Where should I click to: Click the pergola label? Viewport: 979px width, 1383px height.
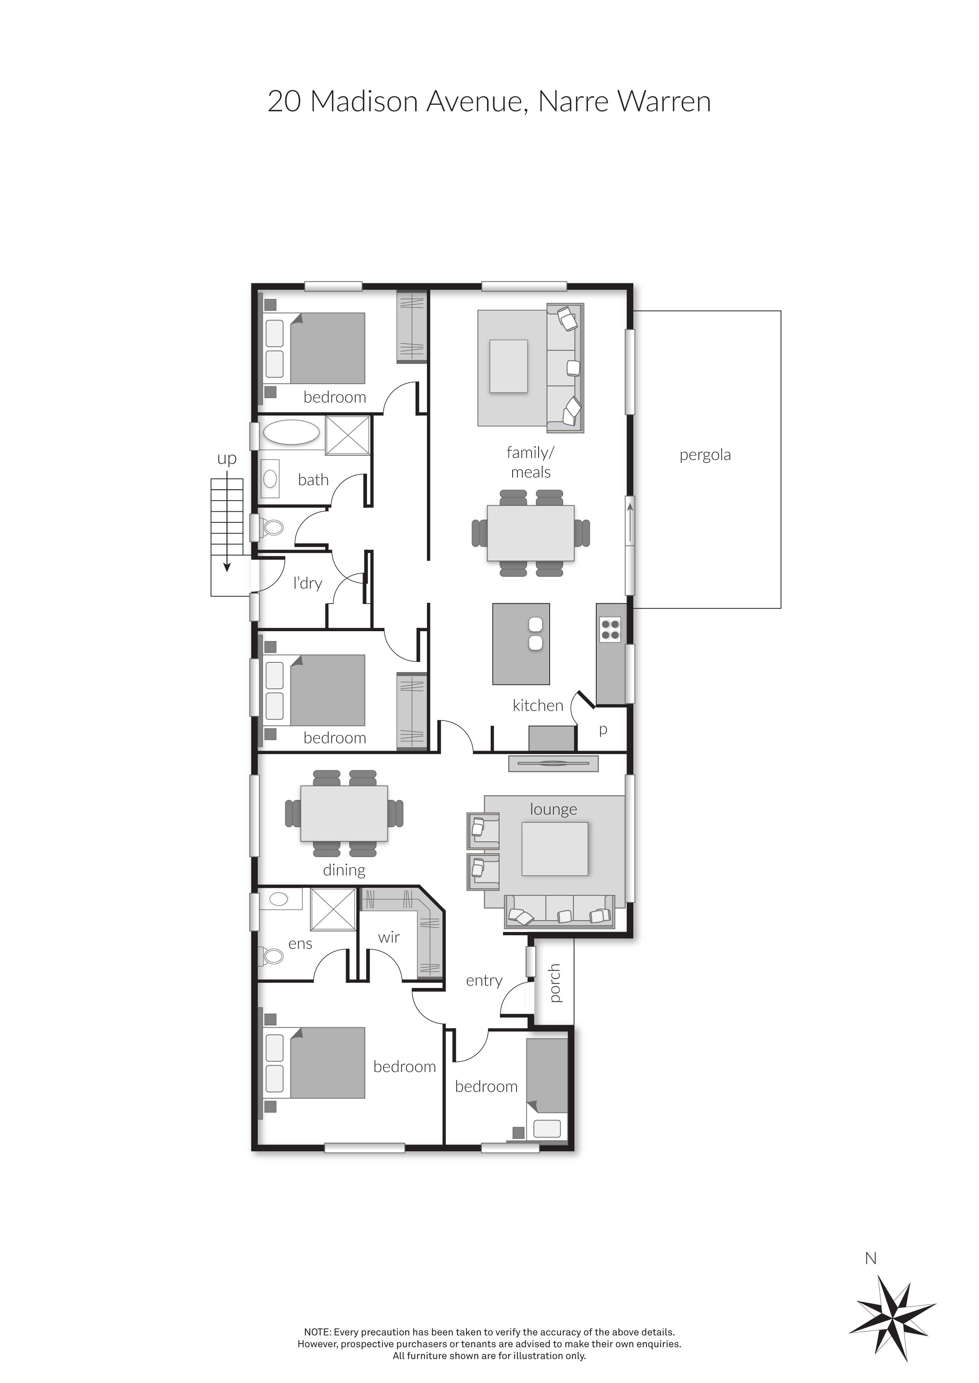(x=705, y=455)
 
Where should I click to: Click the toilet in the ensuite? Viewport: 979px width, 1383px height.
(x=273, y=956)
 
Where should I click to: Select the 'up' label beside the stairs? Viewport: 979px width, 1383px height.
(x=226, y=459)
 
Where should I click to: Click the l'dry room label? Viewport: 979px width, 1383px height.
(x=307, y=583)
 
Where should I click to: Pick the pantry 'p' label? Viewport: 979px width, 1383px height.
(x=602, y=729)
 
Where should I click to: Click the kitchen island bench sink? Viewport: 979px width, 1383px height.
(x=535, y=634)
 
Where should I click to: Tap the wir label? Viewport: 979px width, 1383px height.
(x=389, y=937)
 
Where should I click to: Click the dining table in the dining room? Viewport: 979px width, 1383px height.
(x=344, y=813)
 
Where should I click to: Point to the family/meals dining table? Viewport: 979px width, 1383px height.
(x=530, y=533)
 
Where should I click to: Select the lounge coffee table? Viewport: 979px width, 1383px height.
(x=554, y=849)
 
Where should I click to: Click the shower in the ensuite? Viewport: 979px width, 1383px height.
(x=332, y=909)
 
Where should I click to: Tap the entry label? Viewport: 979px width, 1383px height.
(x=483, y=980)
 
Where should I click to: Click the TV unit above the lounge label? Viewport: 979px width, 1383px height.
(x=553, y=764)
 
